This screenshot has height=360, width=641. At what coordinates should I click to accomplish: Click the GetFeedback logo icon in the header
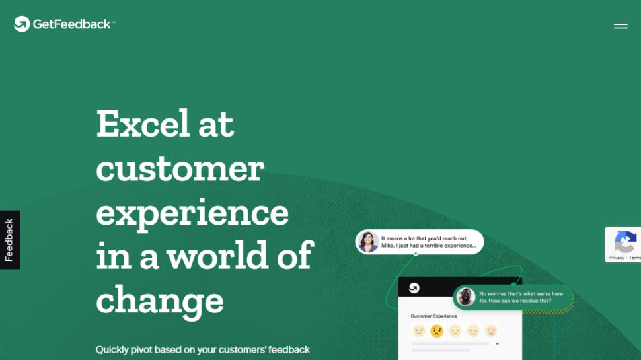pos(22,24)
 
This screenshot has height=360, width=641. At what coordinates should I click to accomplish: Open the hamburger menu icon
pos(621,26)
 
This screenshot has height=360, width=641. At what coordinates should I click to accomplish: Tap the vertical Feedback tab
pos(10,240)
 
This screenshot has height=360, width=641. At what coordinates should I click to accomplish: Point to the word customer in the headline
pos(180,168)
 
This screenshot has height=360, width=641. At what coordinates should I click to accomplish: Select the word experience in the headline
pos(192,213)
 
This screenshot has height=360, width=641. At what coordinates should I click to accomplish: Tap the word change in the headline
pos(160,301)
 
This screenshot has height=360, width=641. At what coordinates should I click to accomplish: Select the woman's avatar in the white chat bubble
pos(368,242)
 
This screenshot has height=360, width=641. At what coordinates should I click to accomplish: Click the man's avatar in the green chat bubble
pos(466,297)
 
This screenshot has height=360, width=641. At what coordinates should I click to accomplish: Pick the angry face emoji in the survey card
pos(419,331)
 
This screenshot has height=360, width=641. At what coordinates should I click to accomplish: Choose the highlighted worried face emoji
pos(437,331)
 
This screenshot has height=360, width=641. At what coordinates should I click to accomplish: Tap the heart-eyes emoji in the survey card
pos(491,331)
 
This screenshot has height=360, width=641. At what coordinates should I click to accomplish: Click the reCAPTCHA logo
pos(625,242)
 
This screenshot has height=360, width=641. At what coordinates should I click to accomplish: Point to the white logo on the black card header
pos(414,287)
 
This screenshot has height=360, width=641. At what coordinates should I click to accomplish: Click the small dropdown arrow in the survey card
pos(497,344)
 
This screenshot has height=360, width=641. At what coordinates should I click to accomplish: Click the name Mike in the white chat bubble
pos(387,246)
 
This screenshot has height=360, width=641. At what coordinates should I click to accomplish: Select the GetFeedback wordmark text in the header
pos(73,24)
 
